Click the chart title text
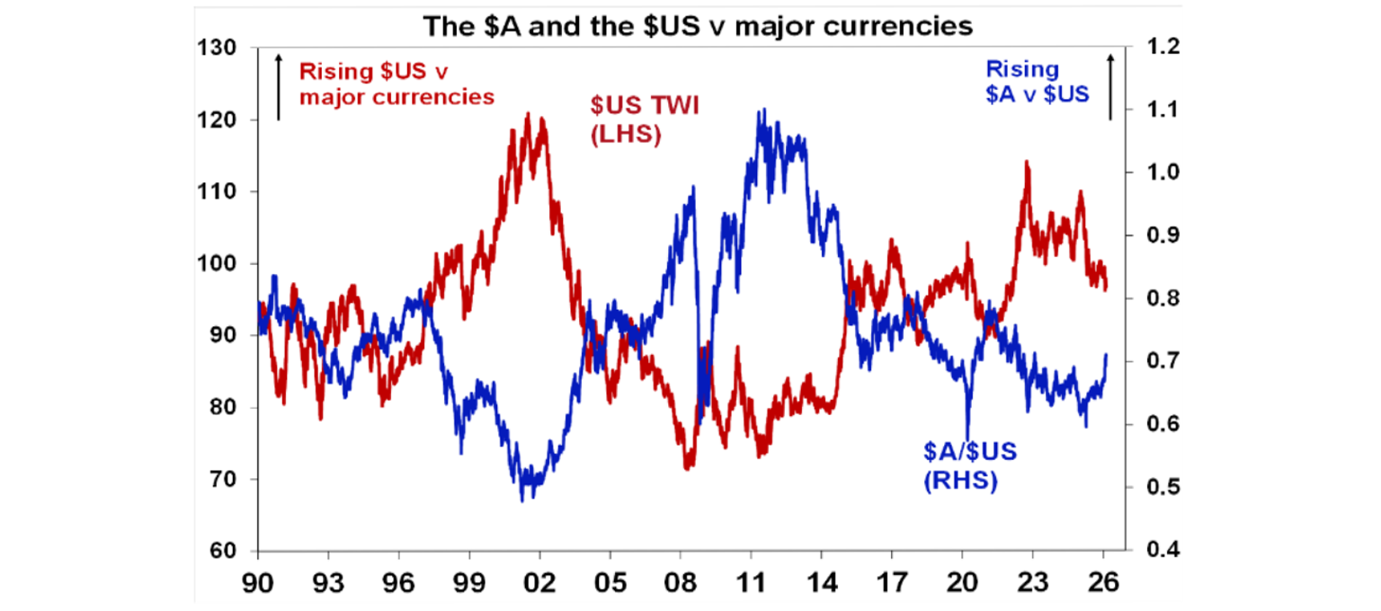[x=698, y=26]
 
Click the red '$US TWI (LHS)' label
[x=645, y=120]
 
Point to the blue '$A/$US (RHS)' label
[x=970, y=466]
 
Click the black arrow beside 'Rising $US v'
[x=279, y=88]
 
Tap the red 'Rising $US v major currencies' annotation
[x=396, y=83]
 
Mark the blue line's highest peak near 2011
[x=762, y=110]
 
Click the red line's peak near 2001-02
[x=528, y=114]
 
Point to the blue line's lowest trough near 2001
[x=522, y=500]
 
